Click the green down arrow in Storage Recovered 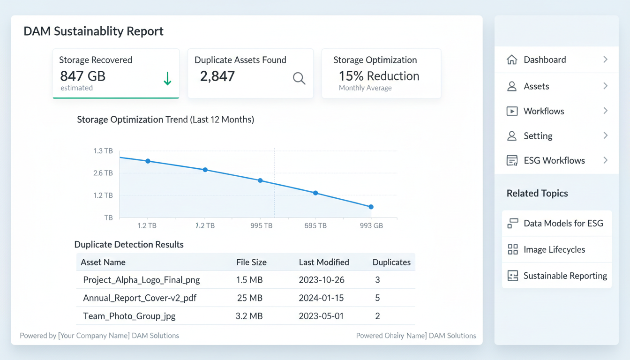click(167, 79)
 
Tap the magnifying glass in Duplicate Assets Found click(299, 78)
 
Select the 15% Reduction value click(379, 76)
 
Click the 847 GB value click(83, 76)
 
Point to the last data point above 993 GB click(371, 207)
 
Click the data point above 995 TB click(260, 180)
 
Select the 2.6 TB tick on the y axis click(103, 173)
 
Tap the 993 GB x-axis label click(371, 225)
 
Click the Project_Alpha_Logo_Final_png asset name click(141, 280)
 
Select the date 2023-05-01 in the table click(321, 316)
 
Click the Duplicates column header click(391, 262)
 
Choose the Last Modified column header click(324, 262)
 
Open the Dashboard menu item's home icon click(512, 60)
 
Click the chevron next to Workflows click(605, 111)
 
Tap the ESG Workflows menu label click(554, 160)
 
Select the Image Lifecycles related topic click(554, 249)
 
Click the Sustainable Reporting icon click(513, 276)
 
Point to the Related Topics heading click(537, 193)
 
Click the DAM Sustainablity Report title click(93, 31)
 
